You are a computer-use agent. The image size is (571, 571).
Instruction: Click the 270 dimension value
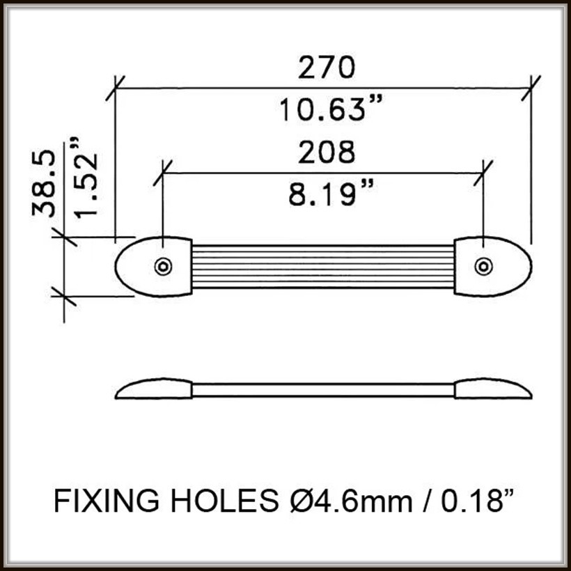pos(327,68)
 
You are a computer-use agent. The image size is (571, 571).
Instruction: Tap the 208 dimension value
pos(327,152)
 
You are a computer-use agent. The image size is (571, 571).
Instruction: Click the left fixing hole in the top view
pos(163,266)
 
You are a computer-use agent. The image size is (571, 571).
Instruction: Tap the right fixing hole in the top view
pos(483,266)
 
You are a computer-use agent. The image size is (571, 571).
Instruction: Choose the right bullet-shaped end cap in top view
pos(498,266)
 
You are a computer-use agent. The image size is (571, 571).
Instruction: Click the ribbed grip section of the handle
pos(323,266)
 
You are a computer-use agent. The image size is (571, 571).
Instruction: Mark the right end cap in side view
pos(492,389)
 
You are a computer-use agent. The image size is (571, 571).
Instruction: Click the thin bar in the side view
pos(323,389)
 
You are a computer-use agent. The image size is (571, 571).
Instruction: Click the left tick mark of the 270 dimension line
pos(115,88)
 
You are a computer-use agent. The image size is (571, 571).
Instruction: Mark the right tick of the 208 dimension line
pos(483,172)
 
